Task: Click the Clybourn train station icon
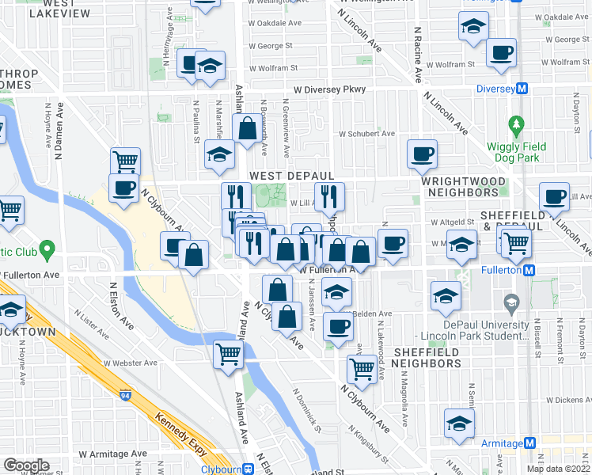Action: tap(249, 468)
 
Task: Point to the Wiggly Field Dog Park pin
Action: tap(517, 125)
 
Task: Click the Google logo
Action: tap(26, 465)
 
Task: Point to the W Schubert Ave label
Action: tap(366, 134)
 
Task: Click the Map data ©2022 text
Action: tap(557, 469)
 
